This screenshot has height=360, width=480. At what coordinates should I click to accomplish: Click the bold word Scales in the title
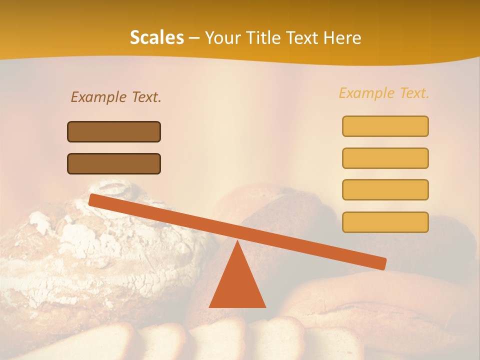[x=156, y=37]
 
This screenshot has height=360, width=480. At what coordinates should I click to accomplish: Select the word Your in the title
[x=222, y=38]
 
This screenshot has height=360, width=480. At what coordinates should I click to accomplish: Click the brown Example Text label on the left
[x=116, y=97]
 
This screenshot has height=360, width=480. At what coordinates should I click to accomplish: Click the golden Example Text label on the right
[x=384, y=93]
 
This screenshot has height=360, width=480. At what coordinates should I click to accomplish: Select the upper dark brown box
[x=114, y=131]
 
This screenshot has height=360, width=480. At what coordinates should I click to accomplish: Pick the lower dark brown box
[x=114, y=163]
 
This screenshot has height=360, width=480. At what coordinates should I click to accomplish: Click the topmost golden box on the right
[x=385, y=126]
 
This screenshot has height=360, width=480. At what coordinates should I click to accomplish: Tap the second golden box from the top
[x=385, y=158]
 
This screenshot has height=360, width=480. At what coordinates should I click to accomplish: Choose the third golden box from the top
[x=385, y=189]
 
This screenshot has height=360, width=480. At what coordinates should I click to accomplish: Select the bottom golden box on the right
[x=385, y=222]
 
